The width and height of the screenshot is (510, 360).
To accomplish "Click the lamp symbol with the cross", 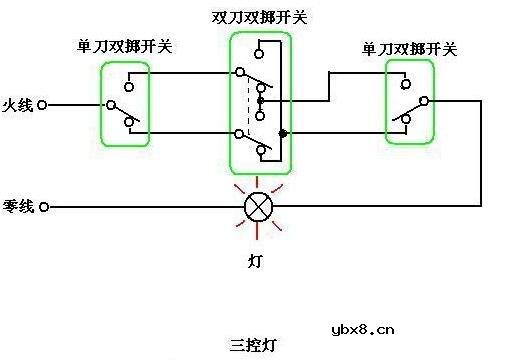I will [x=259, y=208].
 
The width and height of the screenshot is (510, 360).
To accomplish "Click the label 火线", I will [x=18, y=104].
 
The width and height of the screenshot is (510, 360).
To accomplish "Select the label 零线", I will [x=18, y=207].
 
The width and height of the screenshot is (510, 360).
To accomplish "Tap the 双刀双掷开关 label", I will [x=258, y=18].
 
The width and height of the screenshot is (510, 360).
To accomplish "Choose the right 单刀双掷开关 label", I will [x=409, y=47].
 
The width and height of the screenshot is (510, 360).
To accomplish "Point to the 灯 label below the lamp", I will [x=256, y=262].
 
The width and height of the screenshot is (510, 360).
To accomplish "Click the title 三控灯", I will [x=253, y=344].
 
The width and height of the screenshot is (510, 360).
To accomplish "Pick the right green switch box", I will [x=411, y=101].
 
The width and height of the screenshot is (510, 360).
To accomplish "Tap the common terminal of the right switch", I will [x=424, y=101].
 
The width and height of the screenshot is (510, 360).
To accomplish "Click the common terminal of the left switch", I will [x=112, y=104].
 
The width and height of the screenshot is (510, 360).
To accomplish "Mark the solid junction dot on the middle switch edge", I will [x=283, y=133].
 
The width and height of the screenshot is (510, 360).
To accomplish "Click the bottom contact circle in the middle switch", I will [x=260, y=153].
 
